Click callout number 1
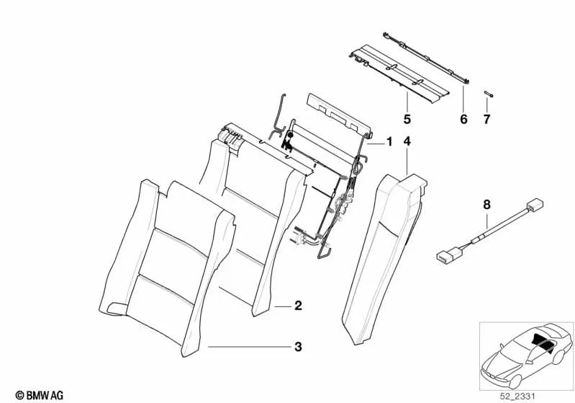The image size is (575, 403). (389, 142)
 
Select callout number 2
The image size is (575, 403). (298, 306)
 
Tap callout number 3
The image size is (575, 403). (298, 347)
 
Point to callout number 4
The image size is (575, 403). (407, 142)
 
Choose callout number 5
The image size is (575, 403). (407, 118)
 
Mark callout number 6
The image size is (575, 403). (463, 118)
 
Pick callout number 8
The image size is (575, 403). (486, 205)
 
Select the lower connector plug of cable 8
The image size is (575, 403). (447, 254)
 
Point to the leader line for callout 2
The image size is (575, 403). (283, 306)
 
